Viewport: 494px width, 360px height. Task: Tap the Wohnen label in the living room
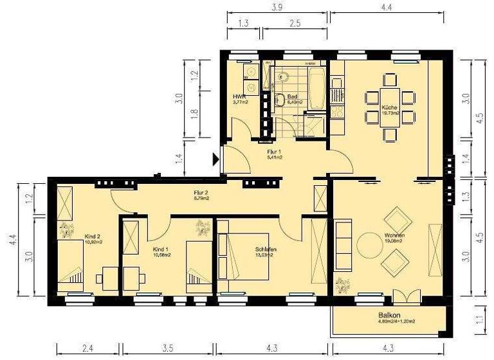click(393, 235)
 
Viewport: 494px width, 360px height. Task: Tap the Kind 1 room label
click(161, 248)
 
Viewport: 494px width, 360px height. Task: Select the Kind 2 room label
click(93, 236)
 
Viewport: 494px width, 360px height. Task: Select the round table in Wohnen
click(369, 245)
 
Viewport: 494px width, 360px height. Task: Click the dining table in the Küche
click(390, 107)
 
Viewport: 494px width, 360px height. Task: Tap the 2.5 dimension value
click(295, 24)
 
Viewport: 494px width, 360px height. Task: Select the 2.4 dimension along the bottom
click(89, 349)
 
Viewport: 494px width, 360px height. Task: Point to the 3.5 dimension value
click(168, 349)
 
